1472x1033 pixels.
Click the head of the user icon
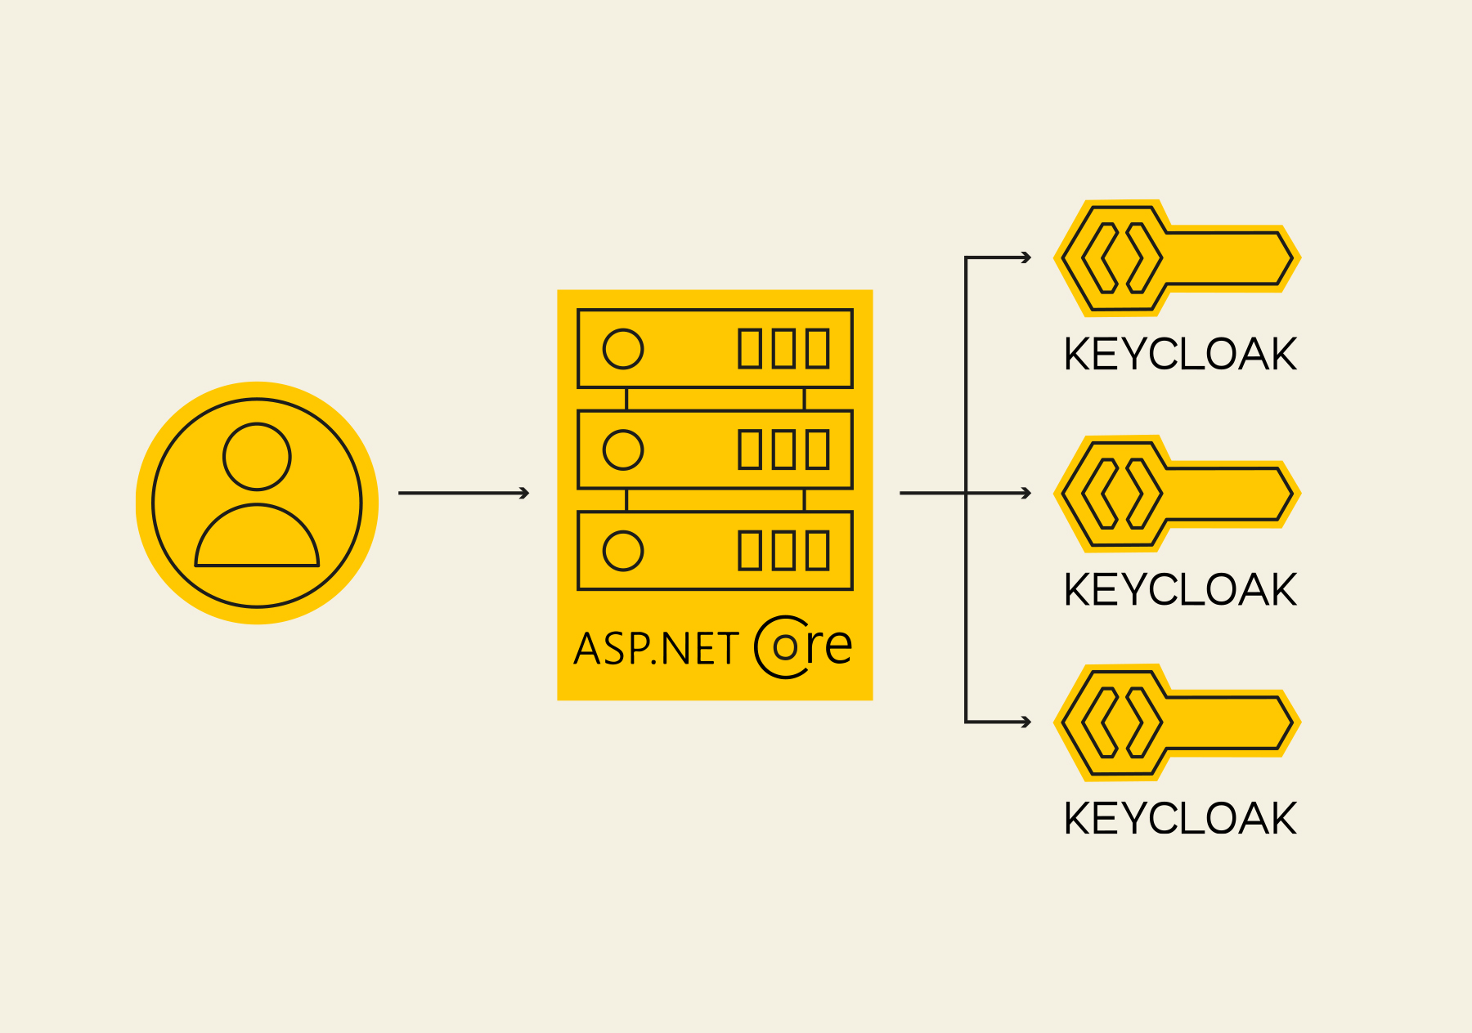click(x=257, y=457)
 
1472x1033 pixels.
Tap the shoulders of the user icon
click(x=257, y=539)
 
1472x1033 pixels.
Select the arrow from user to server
click(x=464, y=493)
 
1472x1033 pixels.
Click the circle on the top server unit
click(x=623, y=349)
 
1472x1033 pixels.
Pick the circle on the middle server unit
click(x=623, y=449)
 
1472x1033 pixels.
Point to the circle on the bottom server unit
click(x=623, y=551)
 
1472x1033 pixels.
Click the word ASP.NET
click(x=656, y=649)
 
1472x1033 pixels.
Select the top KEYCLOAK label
click(x=1180, y=355)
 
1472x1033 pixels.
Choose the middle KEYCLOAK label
click(x=1180, y=590)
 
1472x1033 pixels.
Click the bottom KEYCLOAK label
click(x=1180, y=819)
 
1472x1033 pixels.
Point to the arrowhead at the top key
click(x=1026, y=258)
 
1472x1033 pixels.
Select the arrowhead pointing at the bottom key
click(x=1026, y=722)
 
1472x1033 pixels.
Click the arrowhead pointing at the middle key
click(x=1026, y=493)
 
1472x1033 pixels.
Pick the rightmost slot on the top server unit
click(x=817, y=349)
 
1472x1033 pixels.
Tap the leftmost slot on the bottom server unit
click(x=750, y=551)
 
